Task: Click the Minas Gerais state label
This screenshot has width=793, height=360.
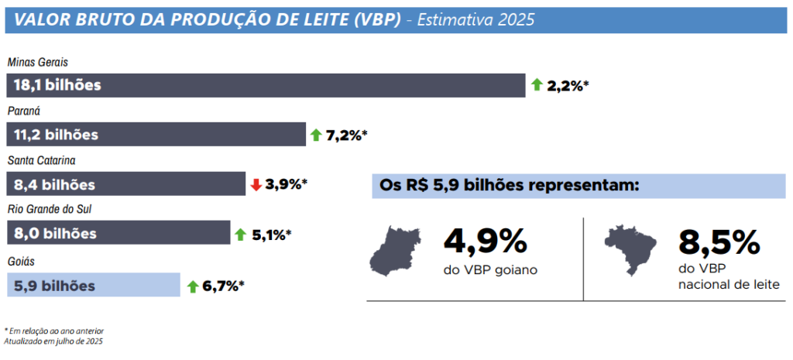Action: pyautogui.click(x=39, y=62)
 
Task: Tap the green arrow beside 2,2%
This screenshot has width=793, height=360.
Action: pyautogui.click(x=537, y=85)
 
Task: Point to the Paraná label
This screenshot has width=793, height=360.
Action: pyautogui.click(x=24, y=111)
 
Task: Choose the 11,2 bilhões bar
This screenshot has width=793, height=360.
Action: pyautogui.click(x=156, y=135)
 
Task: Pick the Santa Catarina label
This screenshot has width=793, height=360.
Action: pyautogui.click(x=40, y=160)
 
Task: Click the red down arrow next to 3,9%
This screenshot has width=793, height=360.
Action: pyautogui.click(x=256, y=184)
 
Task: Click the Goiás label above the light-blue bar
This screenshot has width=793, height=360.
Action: pyautogui.click(x=21, y=262)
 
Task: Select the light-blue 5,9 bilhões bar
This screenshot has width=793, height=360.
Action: pyautogui.click(x=93, y=286)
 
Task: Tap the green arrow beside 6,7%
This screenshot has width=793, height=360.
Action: pyautogui.click(x=193, y=286)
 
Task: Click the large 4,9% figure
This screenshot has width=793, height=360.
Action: pyautogui.click(x=485, y=242)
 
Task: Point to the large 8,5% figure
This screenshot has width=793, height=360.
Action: pyautogui.click(x=719, y=242)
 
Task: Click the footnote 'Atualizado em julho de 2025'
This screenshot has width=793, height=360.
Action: pyautogui.click(x=53, y=341)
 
